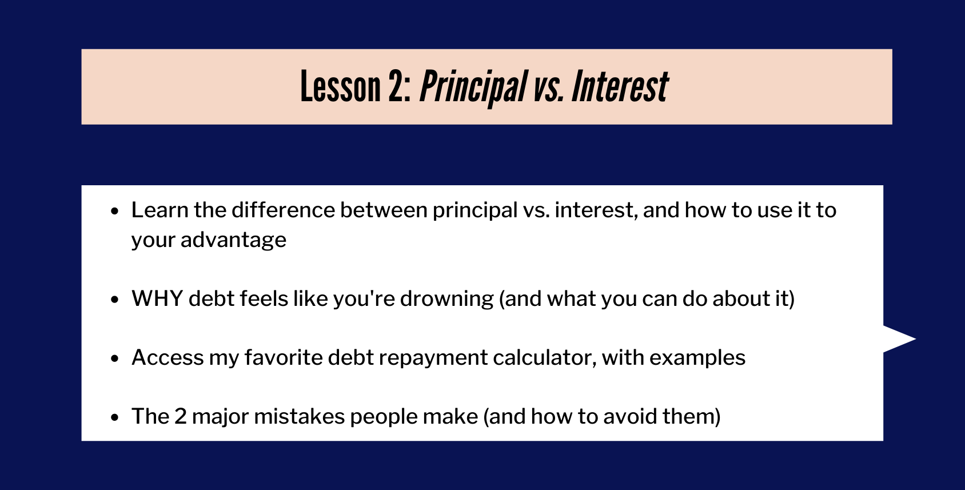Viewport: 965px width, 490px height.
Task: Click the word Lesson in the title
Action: coord(340,87)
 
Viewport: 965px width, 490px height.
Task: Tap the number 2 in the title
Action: coord(396,87)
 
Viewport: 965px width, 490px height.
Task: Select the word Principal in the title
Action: coord(473,88)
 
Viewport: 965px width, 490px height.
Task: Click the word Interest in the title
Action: coord(620,87)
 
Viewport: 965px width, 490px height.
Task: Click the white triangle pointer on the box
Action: coord(899,338)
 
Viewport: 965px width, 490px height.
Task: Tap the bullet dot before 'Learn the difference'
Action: coord(114,211)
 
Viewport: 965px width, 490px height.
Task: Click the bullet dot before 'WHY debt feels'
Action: coord(114,299)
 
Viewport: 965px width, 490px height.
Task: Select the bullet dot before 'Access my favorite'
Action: coord(114,358)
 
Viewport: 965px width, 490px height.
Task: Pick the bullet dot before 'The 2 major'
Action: coord(114,417)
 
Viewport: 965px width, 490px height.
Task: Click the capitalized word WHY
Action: coord(157,298)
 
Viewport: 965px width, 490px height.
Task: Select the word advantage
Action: coord(233,241)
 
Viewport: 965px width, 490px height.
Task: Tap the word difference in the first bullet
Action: coord(283,210)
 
